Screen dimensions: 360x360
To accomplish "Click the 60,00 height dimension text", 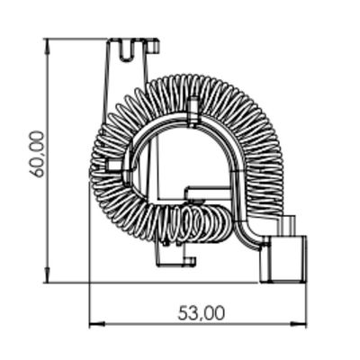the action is click(x=37, y=154).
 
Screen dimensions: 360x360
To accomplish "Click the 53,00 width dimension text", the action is click(x=201, y=313).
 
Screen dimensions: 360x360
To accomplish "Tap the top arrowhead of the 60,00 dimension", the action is click(x=47, y=47).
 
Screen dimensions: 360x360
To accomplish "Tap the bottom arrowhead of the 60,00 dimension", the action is click(x=47, y=274).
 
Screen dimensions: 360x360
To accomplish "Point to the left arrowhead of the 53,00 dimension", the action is click(x=97, y=324).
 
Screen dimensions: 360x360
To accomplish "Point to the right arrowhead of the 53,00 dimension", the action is click(x=300, y=324).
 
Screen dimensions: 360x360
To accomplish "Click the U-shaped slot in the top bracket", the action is click(x=127, y=50).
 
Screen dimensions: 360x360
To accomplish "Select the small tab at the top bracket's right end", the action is click(x=153, y=46).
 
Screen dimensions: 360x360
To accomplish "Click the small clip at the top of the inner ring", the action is click(x=193, y=112).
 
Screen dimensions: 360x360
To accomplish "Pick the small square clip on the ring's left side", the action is click(x=114, y=165).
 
